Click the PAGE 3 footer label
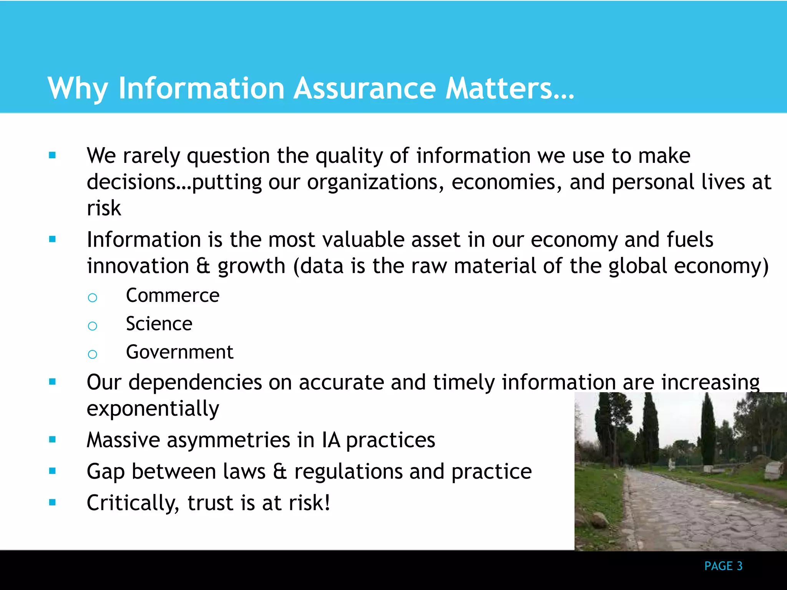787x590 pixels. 723,566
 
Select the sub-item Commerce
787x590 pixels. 173,295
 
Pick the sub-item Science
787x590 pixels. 159,324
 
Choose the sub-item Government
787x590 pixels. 179,352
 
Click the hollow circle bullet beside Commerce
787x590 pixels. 92,297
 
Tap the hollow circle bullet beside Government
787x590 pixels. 92,354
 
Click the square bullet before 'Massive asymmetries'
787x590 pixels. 53,439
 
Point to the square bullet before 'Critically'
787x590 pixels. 53,502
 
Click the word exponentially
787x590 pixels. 153,409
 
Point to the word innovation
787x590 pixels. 138,266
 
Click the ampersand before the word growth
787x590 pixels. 203,266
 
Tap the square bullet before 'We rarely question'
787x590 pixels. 53,155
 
